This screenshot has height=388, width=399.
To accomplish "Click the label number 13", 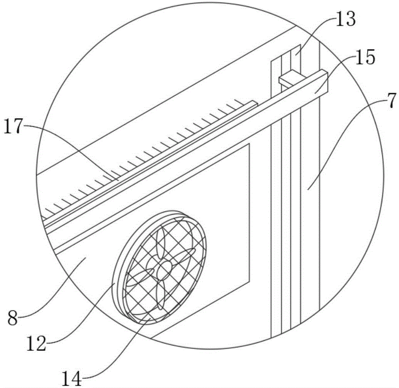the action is [345, 19].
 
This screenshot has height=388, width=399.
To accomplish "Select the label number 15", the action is [365, 57].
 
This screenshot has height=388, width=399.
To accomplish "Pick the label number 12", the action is [36, 344].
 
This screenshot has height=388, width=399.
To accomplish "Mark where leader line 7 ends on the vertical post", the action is [308, 189].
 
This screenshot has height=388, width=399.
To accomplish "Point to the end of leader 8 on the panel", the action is [86, 257].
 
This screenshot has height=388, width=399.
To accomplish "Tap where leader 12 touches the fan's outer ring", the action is [115, 282].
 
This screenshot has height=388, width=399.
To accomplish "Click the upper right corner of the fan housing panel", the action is [249, 144].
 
